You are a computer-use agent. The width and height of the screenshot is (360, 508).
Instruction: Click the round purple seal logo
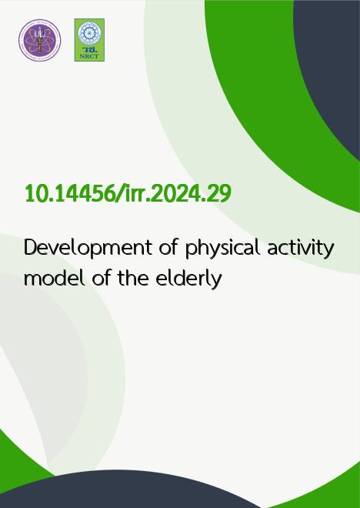tap(39, 40)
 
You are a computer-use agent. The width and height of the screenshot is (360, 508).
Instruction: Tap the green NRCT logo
tap(89, 40)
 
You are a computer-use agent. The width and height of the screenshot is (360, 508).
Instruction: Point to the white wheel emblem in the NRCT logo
tap(89, 33)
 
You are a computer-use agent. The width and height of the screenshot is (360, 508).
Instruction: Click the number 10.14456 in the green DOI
tap(69, 194)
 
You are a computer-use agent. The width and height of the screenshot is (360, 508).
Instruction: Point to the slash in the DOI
tap(118, 194)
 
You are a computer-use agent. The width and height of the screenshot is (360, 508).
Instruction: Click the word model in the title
tap(55, 278)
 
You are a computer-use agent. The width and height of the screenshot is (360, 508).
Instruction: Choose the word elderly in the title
tap(188, 279)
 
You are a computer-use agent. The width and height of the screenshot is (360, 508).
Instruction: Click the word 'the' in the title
tap(133, 278)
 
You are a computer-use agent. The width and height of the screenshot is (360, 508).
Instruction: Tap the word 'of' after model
tap(101, 278)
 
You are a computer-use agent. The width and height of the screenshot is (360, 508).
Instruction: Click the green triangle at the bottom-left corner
tap(16, 466)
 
